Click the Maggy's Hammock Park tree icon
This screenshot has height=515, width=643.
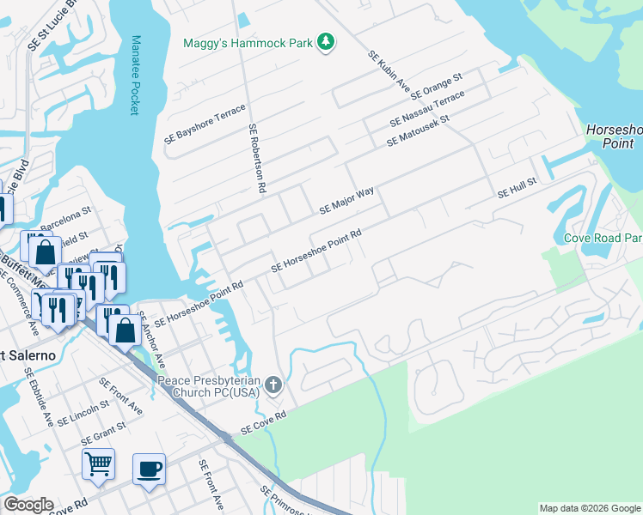(x=325, y=42)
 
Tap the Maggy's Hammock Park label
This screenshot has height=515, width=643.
(x=248, y=43)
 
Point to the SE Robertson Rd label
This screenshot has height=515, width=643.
(x=256, y=161)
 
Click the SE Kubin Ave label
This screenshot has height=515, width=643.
(x=389, y=71)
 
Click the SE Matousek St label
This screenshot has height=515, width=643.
(x=419, y=129)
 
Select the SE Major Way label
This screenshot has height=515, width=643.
(x=346, y=200)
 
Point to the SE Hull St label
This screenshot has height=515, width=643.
(x=516, y=189)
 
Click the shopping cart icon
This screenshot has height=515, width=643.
(x=98, y=463)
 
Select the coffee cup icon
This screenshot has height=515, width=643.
(x=149, y=469)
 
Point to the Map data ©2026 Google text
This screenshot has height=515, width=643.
(x=590, y=508)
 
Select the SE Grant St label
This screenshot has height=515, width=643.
(x=103, y=432)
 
